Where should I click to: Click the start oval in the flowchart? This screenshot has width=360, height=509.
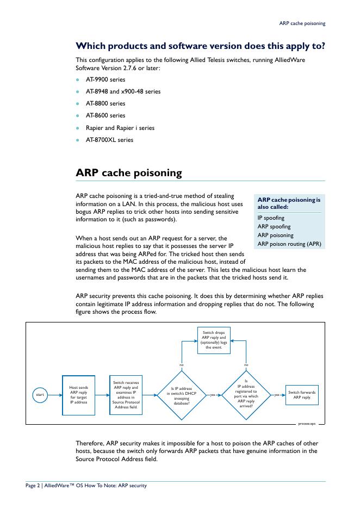40,395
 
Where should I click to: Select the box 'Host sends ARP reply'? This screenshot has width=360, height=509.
78,395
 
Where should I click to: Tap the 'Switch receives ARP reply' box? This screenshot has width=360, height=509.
126,395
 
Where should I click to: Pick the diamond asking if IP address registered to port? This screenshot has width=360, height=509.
246,395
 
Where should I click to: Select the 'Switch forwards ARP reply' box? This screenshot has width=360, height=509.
302,395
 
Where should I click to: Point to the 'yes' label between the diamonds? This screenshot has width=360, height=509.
213,395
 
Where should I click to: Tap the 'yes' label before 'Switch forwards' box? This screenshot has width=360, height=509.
277,395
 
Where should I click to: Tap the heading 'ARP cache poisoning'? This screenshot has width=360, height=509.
128,173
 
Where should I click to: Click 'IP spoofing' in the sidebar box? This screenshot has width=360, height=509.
271,218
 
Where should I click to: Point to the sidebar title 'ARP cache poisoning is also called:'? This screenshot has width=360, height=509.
289,203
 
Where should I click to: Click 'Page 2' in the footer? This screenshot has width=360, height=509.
33,486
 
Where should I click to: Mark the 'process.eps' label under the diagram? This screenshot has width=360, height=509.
306,423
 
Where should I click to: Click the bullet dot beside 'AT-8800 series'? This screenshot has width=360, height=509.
78,104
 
